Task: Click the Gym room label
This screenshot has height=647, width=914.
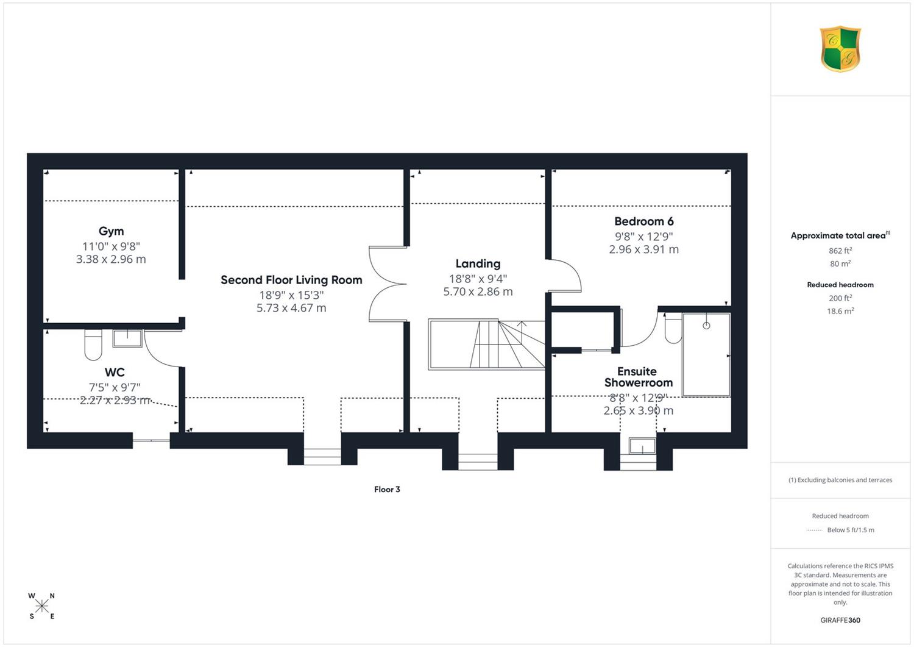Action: pos(112,232)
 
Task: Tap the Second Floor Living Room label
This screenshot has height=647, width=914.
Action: pos(291,280)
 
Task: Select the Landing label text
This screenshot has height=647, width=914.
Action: pos(478,264)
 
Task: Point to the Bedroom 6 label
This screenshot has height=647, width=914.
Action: pos(644,221)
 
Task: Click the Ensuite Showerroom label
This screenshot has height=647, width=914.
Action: pos(638,377)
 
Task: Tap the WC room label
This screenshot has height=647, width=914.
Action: pos(115,372)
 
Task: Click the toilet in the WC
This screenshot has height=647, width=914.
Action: pos(93,345)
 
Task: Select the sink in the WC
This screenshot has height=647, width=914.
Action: pos(127,338)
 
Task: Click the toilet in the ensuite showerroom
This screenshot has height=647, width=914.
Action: pos(673,328)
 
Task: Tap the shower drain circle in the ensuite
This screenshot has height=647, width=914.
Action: pos(706,326)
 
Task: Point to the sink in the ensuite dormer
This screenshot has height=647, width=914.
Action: pos(642,446)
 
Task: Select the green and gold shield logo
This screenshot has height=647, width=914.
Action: pos(840,49)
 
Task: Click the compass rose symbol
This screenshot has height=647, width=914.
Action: pos(41,606)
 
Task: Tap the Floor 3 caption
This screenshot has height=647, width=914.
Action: pos(387,489)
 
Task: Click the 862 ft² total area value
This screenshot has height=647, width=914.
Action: pos(840,251)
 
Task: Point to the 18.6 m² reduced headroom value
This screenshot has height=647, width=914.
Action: pos(840,311)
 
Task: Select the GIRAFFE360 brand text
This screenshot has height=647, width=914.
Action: pos(840,620)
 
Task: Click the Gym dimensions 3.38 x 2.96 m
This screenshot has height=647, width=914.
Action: pos(111,259)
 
